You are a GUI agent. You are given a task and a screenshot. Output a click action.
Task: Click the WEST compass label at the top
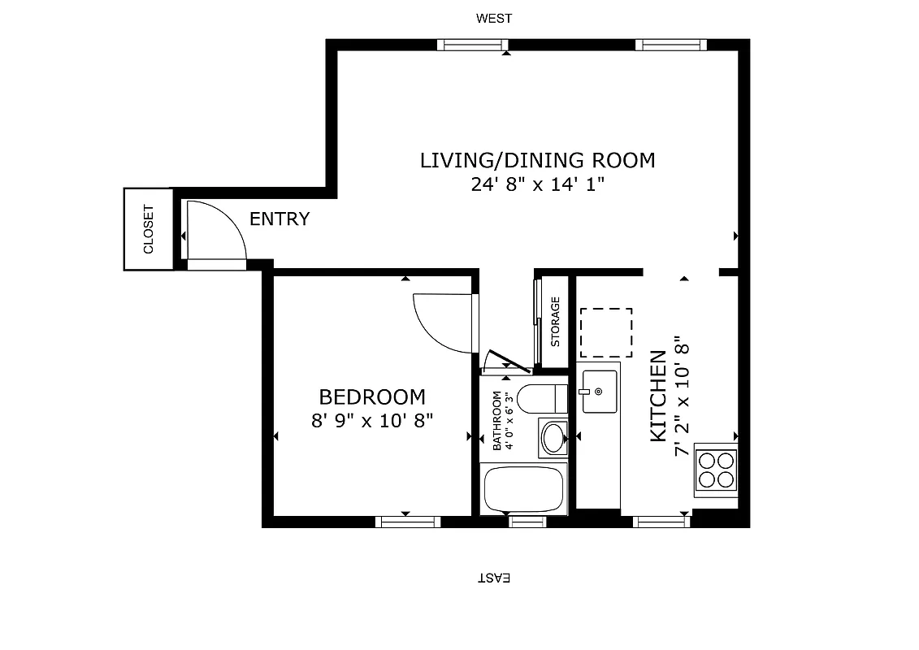(494, 18)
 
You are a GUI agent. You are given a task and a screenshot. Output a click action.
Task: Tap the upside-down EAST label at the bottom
(493, 578)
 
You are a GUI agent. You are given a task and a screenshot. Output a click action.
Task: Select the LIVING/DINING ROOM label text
(537, 160)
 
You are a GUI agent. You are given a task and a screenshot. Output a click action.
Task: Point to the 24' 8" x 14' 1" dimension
(537, 185)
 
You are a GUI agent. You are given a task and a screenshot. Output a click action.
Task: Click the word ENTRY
(279, 219)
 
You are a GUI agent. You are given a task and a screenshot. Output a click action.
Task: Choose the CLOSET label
(149, 230)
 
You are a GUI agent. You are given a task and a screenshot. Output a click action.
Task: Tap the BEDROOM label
(371, 396)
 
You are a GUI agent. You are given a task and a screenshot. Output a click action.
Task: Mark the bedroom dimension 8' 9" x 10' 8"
(372, 421)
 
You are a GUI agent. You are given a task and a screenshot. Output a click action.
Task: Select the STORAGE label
(556, 322)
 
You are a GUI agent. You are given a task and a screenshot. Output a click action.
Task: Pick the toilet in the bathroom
(540, 398)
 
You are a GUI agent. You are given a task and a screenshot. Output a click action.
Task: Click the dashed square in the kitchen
(605, 333)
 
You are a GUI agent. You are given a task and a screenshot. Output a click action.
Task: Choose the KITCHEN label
(658, 396)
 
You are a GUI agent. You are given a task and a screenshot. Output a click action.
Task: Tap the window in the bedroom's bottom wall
(406, 522)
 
